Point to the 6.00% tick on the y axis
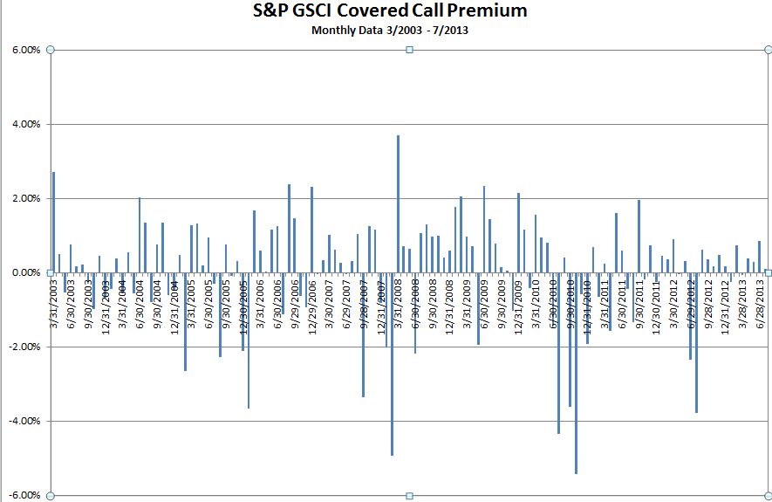coord(26,51)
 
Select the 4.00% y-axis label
coord(26,125)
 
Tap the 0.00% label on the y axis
coord(26,273)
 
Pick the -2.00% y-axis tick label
coord(24,347)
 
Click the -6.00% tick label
coord(24,495)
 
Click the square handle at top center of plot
coord(410,50)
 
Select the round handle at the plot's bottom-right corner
coord(768,496)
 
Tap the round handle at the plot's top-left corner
coord(50,50)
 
